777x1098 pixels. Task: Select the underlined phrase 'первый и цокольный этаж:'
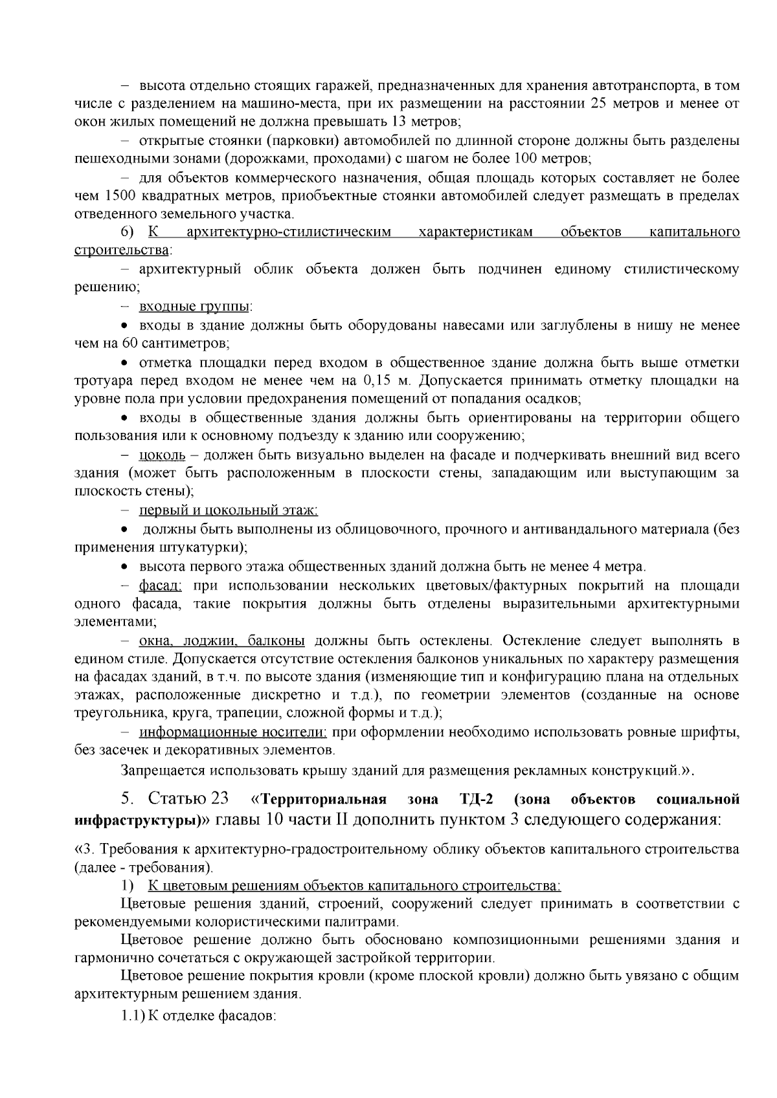[229, 511]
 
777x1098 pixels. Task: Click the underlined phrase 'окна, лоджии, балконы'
[222, 641]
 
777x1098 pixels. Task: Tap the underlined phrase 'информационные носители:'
[234, 732]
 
